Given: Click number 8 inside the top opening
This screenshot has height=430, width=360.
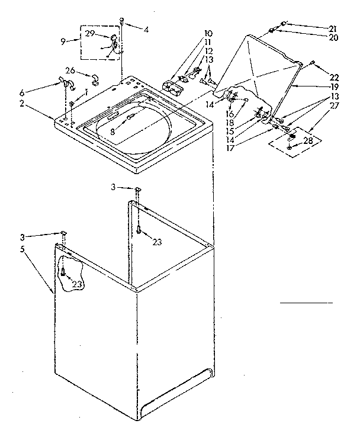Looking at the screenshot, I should (113, 133).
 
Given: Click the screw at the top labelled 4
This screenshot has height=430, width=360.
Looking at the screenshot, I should (121, 20).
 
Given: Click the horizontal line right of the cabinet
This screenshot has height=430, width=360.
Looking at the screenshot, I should (306, 303).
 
